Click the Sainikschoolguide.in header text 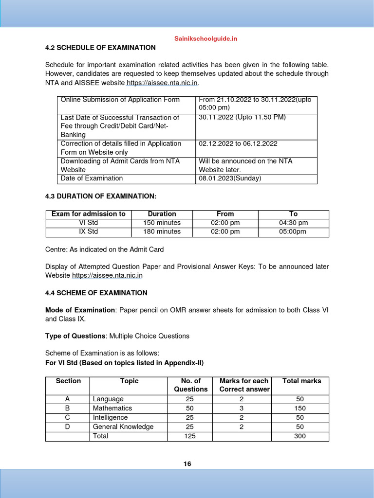(x=206, y=38)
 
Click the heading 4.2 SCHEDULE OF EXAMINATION (x=100, y=48)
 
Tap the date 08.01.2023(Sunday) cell (x=230, y=178)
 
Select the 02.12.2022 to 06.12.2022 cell (x=238, y=143)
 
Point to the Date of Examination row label (x=92, y=178)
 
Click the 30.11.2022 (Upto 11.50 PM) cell (x=242, y=117)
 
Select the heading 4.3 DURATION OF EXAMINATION (x=101, y=196)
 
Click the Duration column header (x=162, y=214)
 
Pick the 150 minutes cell (x=162, y=223)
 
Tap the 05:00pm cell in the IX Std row (x=293, y=231)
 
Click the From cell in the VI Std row (x=225, y=223)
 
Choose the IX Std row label (x=88, y=231)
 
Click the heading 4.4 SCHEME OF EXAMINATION (x=96, y=293)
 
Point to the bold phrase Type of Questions (x=75, y=336)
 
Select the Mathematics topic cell (x=112, y=408)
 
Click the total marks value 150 (x=300, y=408)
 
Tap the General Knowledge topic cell (x=123, y=427)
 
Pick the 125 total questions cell (x=190, y=436)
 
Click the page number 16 (x=187, y=464)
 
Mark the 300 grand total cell (x=300, y=436)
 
